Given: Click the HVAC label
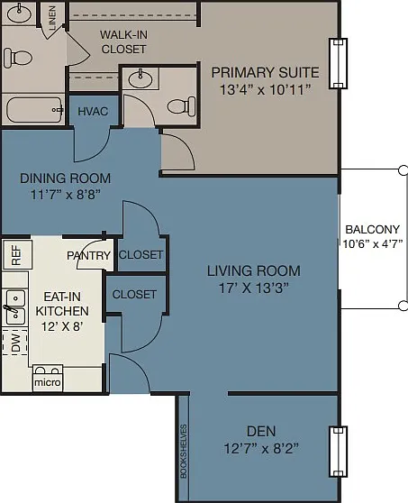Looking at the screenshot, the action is pos(93,111).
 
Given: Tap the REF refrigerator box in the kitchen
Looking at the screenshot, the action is pos(17,255).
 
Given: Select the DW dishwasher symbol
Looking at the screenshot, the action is pos(15,343).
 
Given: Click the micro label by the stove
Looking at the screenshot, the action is pos(48,382).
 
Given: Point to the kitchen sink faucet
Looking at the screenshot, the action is pos(10,309).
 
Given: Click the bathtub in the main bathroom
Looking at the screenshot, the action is pos(34,110).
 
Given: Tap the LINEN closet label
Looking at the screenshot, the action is pos(52,18).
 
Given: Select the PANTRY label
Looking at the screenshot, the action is pos(88,256).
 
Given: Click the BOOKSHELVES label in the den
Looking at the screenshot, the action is pos(184,452).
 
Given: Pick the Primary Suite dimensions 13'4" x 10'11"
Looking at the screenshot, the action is pos(266,89).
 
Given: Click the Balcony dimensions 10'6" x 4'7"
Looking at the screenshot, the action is pos(373,243).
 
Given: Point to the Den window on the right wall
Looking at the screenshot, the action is pos(339,452).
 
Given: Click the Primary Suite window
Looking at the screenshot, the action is pos(339,63).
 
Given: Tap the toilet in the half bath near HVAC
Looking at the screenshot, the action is pos(182,105).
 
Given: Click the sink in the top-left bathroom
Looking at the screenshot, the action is pos(19,14).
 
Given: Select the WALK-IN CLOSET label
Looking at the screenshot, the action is pos(123,41).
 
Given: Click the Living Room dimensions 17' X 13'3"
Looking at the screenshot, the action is pos(254,288).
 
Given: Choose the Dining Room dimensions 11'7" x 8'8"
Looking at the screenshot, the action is pos(66,195).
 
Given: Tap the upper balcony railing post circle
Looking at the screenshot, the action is pos(403,170).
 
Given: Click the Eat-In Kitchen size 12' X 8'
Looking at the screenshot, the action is pos(62,326).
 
